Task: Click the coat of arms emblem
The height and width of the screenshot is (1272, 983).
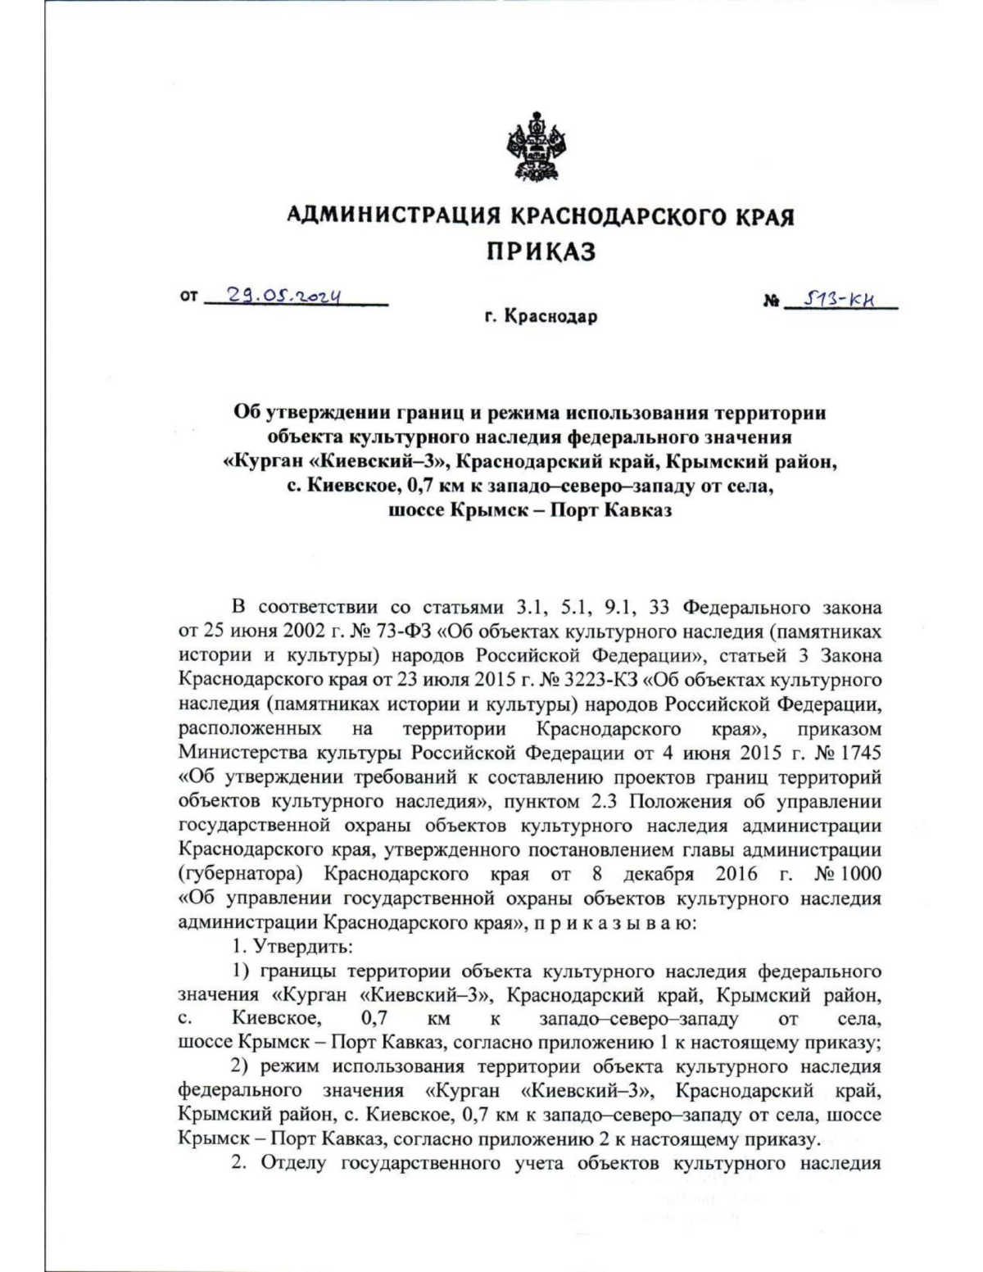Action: (532, 147)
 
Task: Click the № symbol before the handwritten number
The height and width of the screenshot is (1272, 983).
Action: (771, 301)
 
